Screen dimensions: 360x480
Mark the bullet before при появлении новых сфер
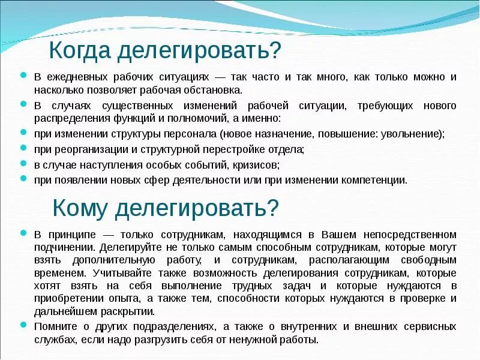click(23, 178)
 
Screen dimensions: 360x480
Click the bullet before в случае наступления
click(23, 163)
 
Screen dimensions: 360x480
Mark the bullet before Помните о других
click(23, 325)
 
